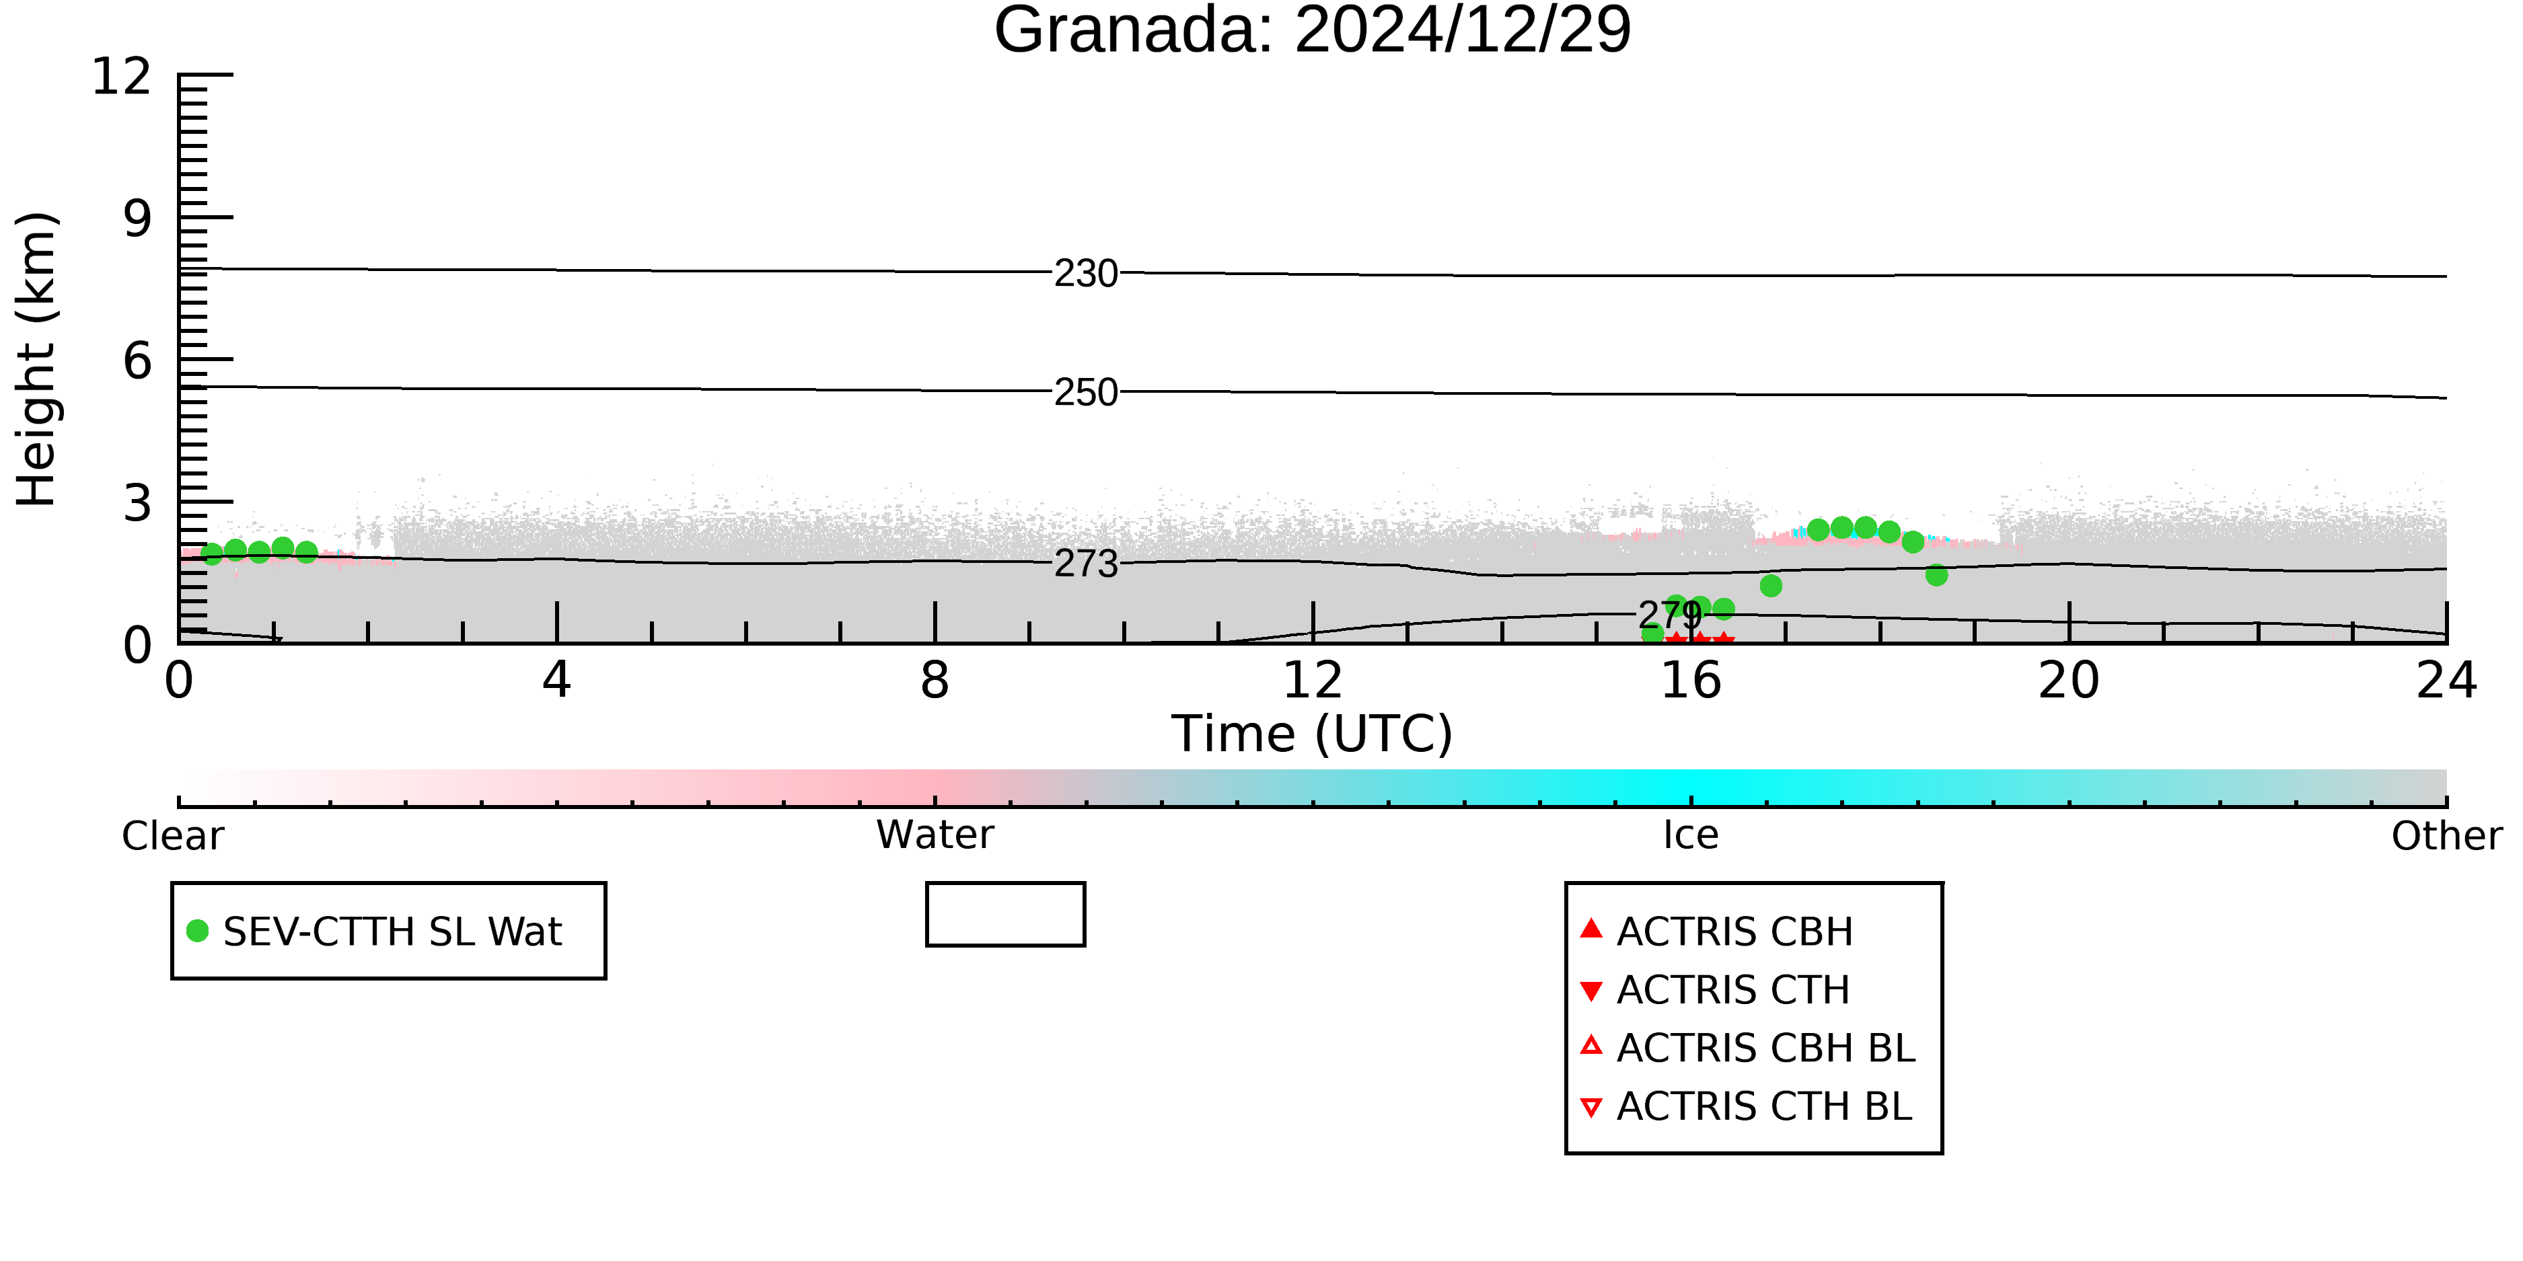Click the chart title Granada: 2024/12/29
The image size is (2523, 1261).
click(1313, 30)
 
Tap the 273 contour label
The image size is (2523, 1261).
click(1085, 564)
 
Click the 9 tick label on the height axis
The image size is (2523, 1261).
click(138, 219)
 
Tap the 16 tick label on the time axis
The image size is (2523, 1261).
click(1691, 681)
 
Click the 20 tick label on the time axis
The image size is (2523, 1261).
click(2069, 681)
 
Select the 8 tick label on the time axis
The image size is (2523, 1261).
click(935, 681)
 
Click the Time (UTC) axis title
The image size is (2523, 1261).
click(1313, 733)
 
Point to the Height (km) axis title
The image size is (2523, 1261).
click(36, 359)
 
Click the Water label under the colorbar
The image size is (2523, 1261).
click(935, 835)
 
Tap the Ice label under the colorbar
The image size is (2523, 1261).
click(1691, 835)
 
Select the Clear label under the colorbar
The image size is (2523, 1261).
click(172, 836)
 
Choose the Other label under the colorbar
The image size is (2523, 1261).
click(2446, 836)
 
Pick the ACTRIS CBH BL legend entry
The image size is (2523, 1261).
click(1747, 1048)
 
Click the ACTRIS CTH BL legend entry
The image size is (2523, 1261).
click(1747, 1106)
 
